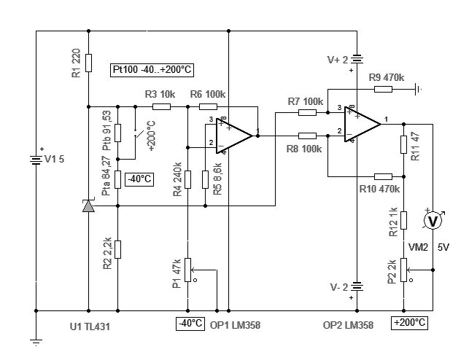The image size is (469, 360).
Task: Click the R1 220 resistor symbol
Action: [88, 63]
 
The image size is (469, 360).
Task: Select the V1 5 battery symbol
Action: [36, 160]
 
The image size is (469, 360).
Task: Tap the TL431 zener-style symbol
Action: [88, 206]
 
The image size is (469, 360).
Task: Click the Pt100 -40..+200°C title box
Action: [152, 70]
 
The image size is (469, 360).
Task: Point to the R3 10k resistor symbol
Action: [161, 106]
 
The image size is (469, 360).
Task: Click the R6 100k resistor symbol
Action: [208, 106]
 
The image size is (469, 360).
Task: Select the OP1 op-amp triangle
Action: [235, 136]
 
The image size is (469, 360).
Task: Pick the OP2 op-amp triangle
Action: [363, 125]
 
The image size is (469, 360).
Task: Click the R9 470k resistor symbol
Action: [383, 89]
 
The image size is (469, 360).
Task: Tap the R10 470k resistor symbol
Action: [383, 176]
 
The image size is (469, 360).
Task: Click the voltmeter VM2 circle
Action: [433, 221]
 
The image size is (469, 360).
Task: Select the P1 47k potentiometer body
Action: [188, 270]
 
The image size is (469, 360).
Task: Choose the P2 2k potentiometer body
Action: [404, 270]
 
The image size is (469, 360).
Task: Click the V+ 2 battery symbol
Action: [357, 59]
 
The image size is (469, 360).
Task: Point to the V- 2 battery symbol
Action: [357, 286]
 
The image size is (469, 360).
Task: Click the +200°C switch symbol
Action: [136, 133]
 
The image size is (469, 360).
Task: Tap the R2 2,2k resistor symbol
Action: [118, 249]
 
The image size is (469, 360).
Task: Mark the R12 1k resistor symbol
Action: [404, 221]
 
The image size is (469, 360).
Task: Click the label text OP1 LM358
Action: [235, 325]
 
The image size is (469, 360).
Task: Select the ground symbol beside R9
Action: [418, 89]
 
